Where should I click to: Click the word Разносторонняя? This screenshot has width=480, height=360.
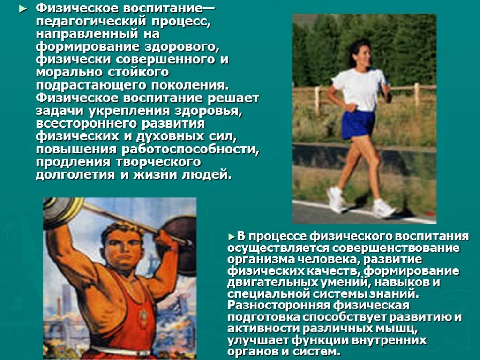click(x=278, y=305)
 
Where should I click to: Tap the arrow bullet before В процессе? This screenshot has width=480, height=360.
click(x=232, y=237)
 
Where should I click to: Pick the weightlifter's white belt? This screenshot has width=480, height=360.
click(x=122, y=351)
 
